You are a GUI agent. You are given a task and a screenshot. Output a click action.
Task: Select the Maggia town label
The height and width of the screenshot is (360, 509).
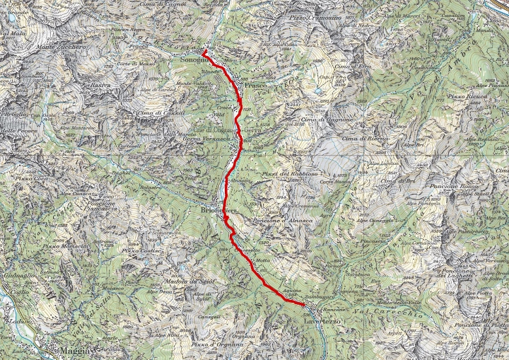(x=75, y=351)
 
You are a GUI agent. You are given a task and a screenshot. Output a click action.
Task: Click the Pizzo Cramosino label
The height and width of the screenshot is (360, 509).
(x=315, y=16)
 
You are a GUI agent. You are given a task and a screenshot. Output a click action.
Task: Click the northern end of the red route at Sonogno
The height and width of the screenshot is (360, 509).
(x=204, y=52)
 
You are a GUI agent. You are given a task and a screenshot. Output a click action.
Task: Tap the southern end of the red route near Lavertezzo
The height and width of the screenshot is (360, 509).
(x=305, y=304)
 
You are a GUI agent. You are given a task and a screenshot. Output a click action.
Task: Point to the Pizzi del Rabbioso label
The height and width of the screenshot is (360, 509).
(x=283, y=174)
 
